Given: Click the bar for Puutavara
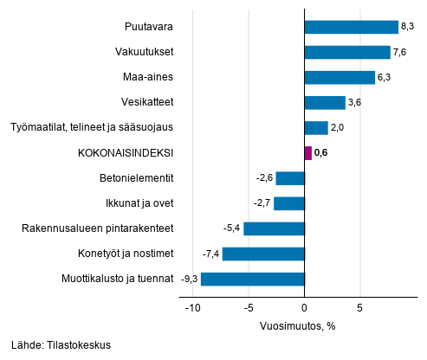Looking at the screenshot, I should point(351,27).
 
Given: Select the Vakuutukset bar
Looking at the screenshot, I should point(347,52).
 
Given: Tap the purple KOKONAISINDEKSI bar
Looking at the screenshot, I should point(307,153).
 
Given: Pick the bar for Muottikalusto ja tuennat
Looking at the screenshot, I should point(253,279).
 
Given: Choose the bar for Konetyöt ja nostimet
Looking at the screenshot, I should point(263,254).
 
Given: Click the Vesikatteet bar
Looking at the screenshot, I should point(325,103).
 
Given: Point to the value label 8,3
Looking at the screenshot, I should point(408,28).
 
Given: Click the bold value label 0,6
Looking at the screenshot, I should point(322,153).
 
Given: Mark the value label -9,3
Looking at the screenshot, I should point(189,280).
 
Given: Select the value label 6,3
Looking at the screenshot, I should point(385,78).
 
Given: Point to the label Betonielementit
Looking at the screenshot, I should point(138,178).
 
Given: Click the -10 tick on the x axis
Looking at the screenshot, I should point(192,307).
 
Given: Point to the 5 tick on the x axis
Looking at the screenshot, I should point(360,307).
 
